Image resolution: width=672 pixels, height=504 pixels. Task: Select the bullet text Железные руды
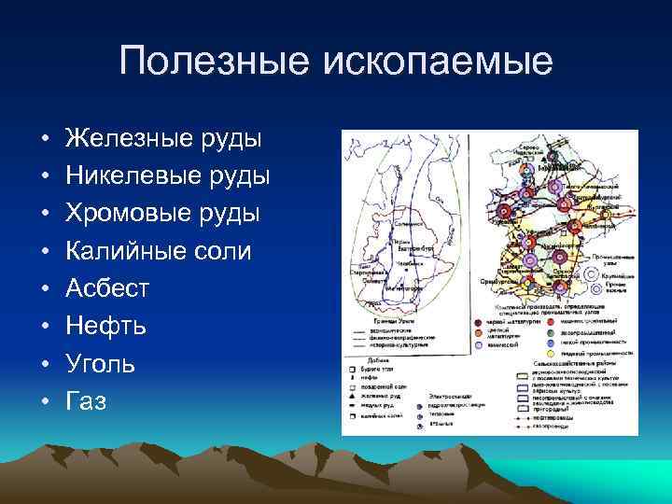pos(163,139)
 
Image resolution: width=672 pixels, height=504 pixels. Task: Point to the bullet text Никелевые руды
pos(168,176)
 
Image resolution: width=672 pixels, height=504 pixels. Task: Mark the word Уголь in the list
pos(100,364)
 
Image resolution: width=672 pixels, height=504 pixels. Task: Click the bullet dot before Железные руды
pos(44,140)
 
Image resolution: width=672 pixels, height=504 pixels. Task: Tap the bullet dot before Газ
pos(44,402)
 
